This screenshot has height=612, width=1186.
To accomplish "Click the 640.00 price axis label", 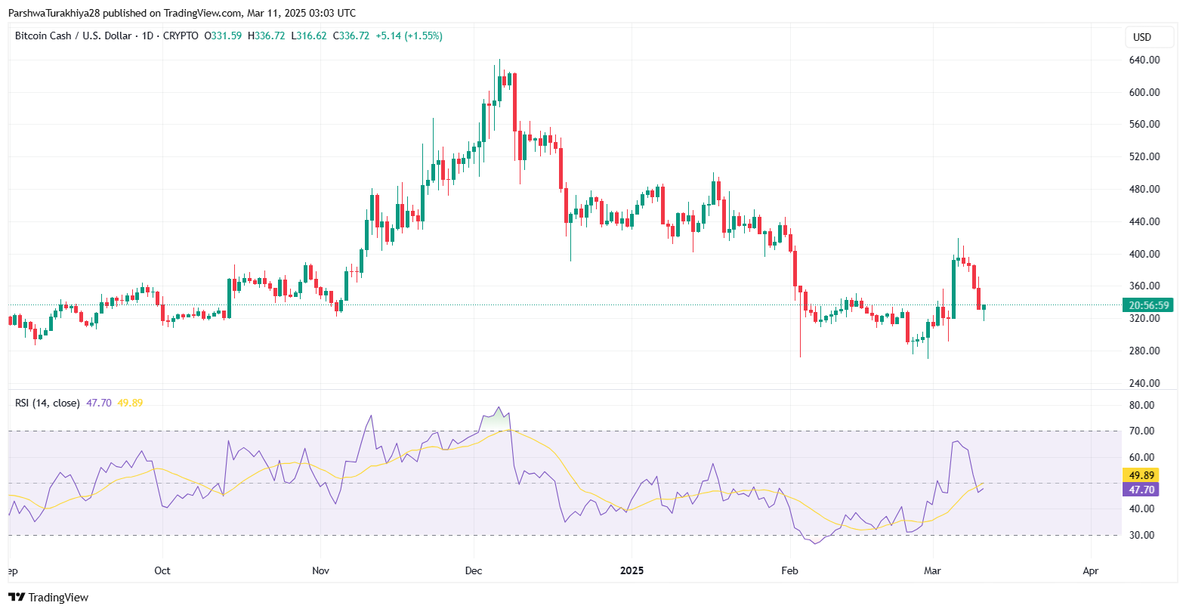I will pyautogui.click(x=1144, y=60).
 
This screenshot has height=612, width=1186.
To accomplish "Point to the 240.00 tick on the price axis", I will pyautogui.click(x=1144, y=383).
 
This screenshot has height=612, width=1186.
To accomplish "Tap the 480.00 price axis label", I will pyautogui.click(x=1144, y=189).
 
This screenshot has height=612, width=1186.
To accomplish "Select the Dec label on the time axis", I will pyautogui.click(x=474, y=570).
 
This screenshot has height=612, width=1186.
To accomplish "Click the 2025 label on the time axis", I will pyautogui.click(x=632, y=570).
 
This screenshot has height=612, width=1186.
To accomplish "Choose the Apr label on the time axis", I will pyautogui.click(x=1090, y=570).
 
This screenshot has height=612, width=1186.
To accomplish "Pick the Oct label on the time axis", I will pyautogui.click(x=162, y=570).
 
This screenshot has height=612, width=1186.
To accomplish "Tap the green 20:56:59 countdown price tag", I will pyautogui.click(x=1148, y=305).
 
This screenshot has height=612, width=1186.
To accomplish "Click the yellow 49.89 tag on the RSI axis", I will pyautogui.click(x=1141, y=475).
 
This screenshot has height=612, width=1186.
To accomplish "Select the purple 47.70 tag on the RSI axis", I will pyautogui.click(x=1141, y=490).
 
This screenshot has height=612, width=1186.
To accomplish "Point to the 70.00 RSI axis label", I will pyautogui.click(x=1141, y=431).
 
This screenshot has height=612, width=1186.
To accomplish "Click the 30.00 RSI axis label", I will pyautogui.click(x=1141, y=535).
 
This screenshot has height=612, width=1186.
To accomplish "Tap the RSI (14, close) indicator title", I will pyautogui.click(x=47, y=403).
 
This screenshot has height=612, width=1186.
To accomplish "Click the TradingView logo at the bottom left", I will pyautogui.click(x=48, y=597).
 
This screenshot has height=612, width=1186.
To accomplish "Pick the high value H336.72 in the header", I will pyautogui.click(x=267, y=36).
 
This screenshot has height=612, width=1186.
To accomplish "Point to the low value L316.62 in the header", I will pyautogui.click(x=309, y=36).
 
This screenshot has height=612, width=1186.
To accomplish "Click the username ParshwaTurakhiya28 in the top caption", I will pyautogui.click(x=54, y=13).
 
